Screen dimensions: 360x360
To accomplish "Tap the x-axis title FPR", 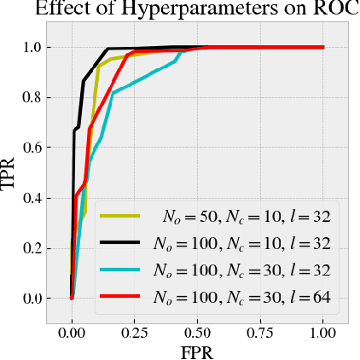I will (198, 351).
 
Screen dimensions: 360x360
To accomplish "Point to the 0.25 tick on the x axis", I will (135, 330).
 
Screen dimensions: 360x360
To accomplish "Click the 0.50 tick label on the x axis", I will (198, 330).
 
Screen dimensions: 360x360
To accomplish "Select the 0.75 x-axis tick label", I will (261, 330).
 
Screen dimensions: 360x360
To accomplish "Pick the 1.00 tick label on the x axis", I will (323, 330).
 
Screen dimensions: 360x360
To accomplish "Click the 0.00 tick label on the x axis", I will (73, 330).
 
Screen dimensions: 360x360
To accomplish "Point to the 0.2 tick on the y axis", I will (32, 248).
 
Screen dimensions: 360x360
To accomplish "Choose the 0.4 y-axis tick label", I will (32, 198).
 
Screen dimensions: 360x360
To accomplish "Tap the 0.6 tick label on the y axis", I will (32, 148).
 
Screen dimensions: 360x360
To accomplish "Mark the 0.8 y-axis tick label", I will (32, 97).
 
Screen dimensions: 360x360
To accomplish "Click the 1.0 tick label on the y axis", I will (32, 47).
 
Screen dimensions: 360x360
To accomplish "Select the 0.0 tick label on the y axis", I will (32, 299).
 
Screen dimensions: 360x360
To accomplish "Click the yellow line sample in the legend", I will (119, 216).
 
